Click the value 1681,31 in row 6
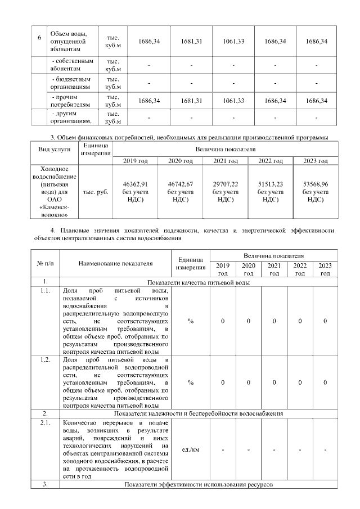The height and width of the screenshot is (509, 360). (191, 42)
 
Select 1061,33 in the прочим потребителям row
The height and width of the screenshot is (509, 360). (233, 101)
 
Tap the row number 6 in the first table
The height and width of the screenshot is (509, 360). (39, 38)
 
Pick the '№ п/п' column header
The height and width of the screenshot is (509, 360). (44, 263)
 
